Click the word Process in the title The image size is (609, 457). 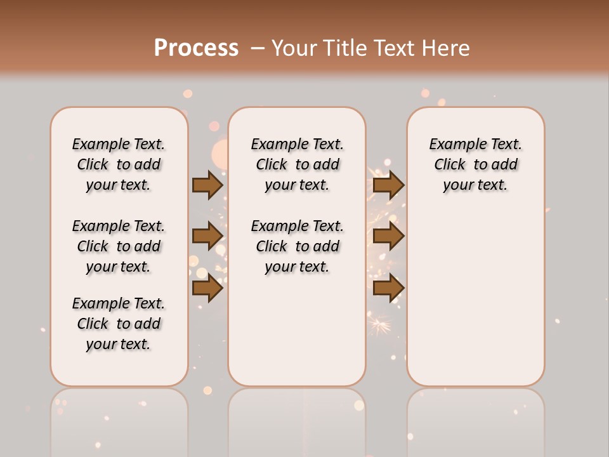196,48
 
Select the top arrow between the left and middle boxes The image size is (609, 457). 207,185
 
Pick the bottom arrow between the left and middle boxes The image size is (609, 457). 207,288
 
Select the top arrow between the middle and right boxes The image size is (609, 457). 388,185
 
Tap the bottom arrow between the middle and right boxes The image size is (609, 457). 388,288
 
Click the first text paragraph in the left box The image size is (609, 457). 119,164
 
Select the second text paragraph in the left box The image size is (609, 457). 119,246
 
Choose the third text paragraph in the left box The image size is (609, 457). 119,324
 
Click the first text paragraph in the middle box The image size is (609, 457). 297,164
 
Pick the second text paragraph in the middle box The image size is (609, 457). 297,246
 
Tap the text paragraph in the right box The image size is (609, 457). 475,164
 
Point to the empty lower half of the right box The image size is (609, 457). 475,298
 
